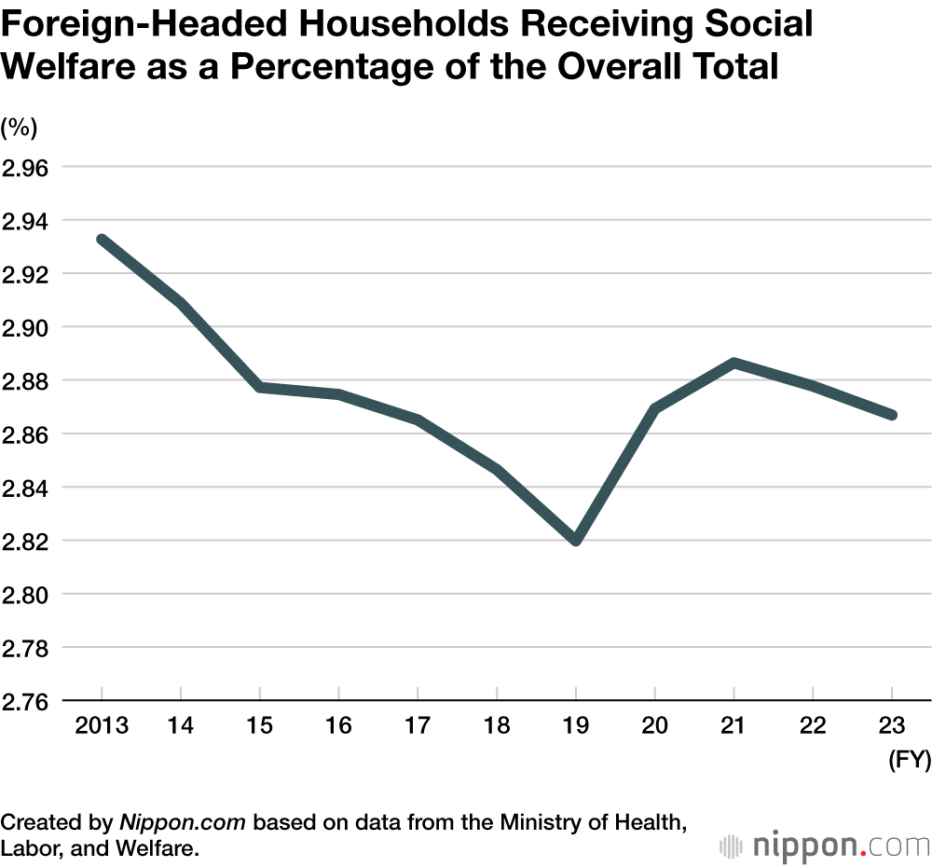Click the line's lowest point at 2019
pos(576,540)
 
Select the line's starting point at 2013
pos(102,240)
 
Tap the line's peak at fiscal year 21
pos(734,363)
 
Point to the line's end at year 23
pos(892,415)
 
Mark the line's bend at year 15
pos(260,387)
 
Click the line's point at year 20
pos(655,408)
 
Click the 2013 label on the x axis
pos(101,726)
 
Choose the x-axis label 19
pos(576,726)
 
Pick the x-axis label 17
pos(418,726)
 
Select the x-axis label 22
pos(813,726)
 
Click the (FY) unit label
pos(908,761)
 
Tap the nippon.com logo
pos(825,820)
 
